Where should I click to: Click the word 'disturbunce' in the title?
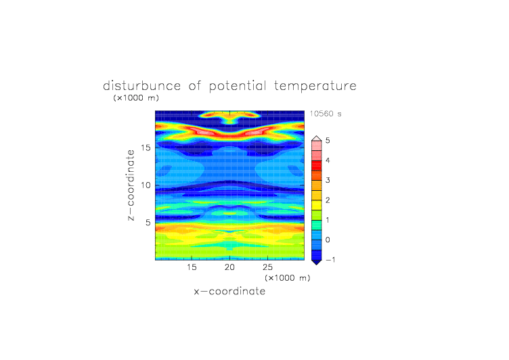(x=142, y=86)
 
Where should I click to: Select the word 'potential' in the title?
(x=238, y=87)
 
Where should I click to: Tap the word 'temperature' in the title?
(x=315, y=87)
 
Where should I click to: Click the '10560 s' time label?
(x=326, y=114)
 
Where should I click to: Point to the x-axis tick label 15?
(x=192, y=267)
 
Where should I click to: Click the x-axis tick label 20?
(x=229, y=267)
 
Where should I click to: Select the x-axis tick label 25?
(x=267, y=267)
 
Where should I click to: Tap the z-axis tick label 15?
(x=146, y=148)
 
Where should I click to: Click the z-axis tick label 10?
(x=146, y=185)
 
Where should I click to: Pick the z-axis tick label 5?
(x=148, y=223)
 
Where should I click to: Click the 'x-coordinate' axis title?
(x=230, y=291)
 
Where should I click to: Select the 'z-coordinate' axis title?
(x=131, y=185)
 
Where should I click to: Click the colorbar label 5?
(x=328, y=141)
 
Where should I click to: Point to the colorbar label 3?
(x=328, y=180)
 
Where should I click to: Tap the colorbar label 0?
(x=328, y=240)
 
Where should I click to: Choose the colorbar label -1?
(x=330, y=260)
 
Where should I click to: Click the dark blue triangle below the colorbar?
(x=317, y=262)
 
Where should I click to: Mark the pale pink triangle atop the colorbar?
(x=317, y=139)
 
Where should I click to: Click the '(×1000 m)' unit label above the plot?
(x=136, y=98)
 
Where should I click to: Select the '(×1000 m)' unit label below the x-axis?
(x=288, y=278)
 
